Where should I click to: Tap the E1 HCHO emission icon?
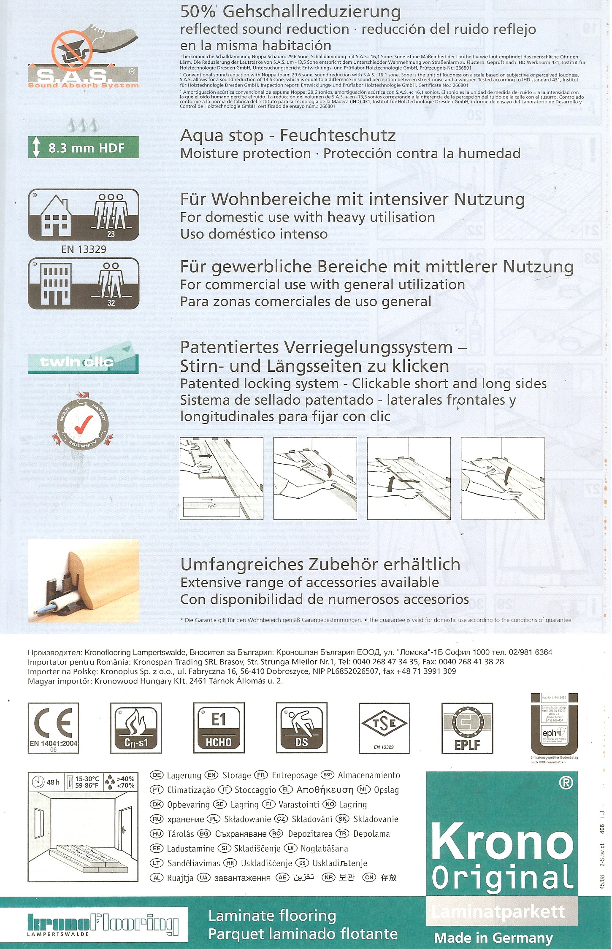coord(219,728)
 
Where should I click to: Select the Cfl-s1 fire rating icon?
coord(136,728)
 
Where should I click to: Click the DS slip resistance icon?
coord(301,728)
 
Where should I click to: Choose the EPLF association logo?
coord(467,728)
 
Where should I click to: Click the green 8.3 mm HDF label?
coord(83,148)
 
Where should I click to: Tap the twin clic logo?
coord(83,361)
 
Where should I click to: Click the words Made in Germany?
coord(493,938)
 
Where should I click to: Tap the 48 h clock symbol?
coord(39,782)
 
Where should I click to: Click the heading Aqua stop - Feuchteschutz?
coord(288,136)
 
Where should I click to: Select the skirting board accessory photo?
coord(83,580)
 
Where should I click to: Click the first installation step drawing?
coord(221,478)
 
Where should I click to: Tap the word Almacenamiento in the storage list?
coord(368,775)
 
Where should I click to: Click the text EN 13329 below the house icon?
coord(84,249)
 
